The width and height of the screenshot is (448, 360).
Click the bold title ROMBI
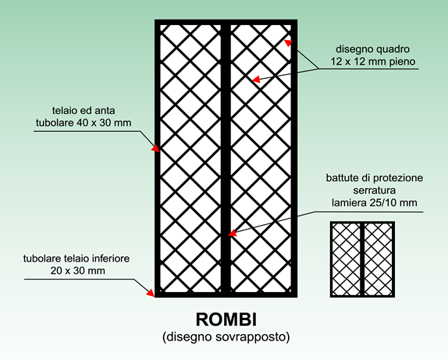[226, 319]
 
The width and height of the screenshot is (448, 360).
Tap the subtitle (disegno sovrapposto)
[226, 337]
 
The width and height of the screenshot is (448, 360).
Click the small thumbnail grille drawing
[362, 259]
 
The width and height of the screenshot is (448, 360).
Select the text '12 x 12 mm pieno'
[373, 62]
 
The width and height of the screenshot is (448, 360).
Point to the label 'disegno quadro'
[372, 49]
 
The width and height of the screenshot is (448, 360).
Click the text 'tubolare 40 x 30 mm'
[84, 123]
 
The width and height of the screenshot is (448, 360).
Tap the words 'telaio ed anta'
[84, 110]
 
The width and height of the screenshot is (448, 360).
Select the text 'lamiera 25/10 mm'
[375, 203]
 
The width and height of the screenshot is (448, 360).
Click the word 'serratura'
[375, 191]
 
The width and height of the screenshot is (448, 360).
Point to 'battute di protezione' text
[375, 178]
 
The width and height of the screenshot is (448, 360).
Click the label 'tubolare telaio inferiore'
[76, 258]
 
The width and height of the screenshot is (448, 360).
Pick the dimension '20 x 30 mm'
[78, 270]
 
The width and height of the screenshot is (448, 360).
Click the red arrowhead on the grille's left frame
[156, 148]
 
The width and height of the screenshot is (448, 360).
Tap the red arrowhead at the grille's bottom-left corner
[151, 293]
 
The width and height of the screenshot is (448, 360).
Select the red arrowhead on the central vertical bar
[233, 233]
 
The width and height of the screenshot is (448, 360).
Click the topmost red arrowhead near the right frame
[288, 43]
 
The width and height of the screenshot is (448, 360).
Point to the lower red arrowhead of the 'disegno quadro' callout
[256, 79]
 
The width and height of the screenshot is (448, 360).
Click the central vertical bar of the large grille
[226, 158]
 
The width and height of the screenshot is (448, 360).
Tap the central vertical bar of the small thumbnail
[362, 259]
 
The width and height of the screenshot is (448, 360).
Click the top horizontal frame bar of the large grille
[226, 22]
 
